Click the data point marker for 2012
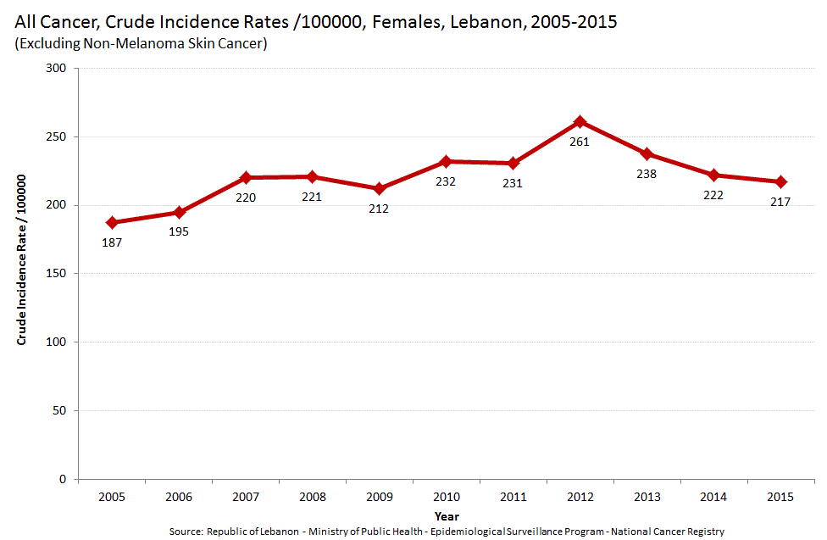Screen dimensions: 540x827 [580, 122]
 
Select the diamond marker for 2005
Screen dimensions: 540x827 [112, 223]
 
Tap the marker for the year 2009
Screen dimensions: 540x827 [379, 188]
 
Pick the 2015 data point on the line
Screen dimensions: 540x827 [780, 181]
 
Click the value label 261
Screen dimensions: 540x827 [580, 142]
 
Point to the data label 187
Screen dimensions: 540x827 [112, 242]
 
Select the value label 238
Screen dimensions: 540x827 [647, 174]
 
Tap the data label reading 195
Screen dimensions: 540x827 [179, 231]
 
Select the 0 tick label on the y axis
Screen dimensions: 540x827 [64, 479]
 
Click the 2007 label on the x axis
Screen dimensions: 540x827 [245, 497]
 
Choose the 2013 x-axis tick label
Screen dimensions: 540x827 [647, 497]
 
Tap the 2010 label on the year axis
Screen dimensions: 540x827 [446, 497]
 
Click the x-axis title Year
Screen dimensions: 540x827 [447, 515]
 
